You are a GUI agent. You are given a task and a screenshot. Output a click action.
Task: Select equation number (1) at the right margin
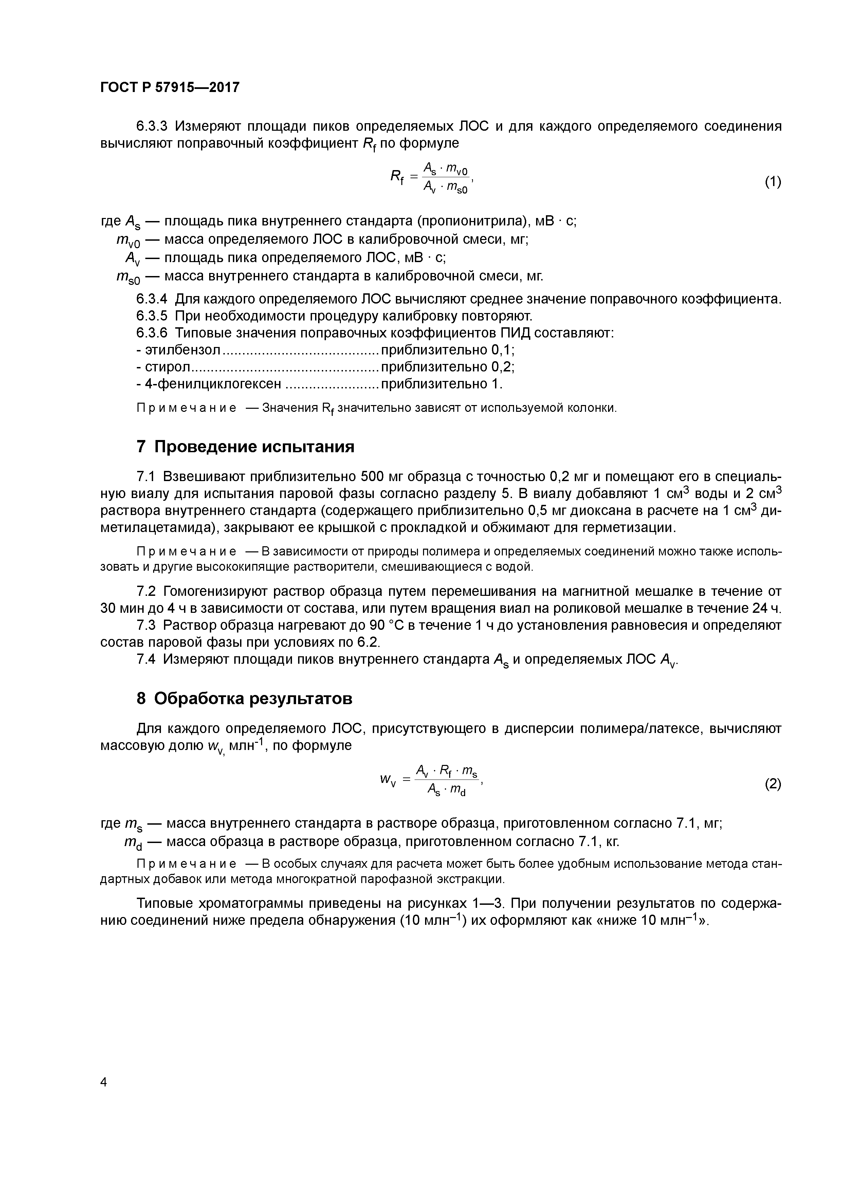pyautogui.click(x=772, y=182)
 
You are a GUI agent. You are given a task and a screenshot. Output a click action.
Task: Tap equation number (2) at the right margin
pyautogui.click(x=772, y=784)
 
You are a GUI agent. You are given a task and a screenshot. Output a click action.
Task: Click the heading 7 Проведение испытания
pyautogui.click(x=245, y=447)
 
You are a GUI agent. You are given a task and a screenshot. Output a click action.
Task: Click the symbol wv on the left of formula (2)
pyautogui.click(x=387, y=780)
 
